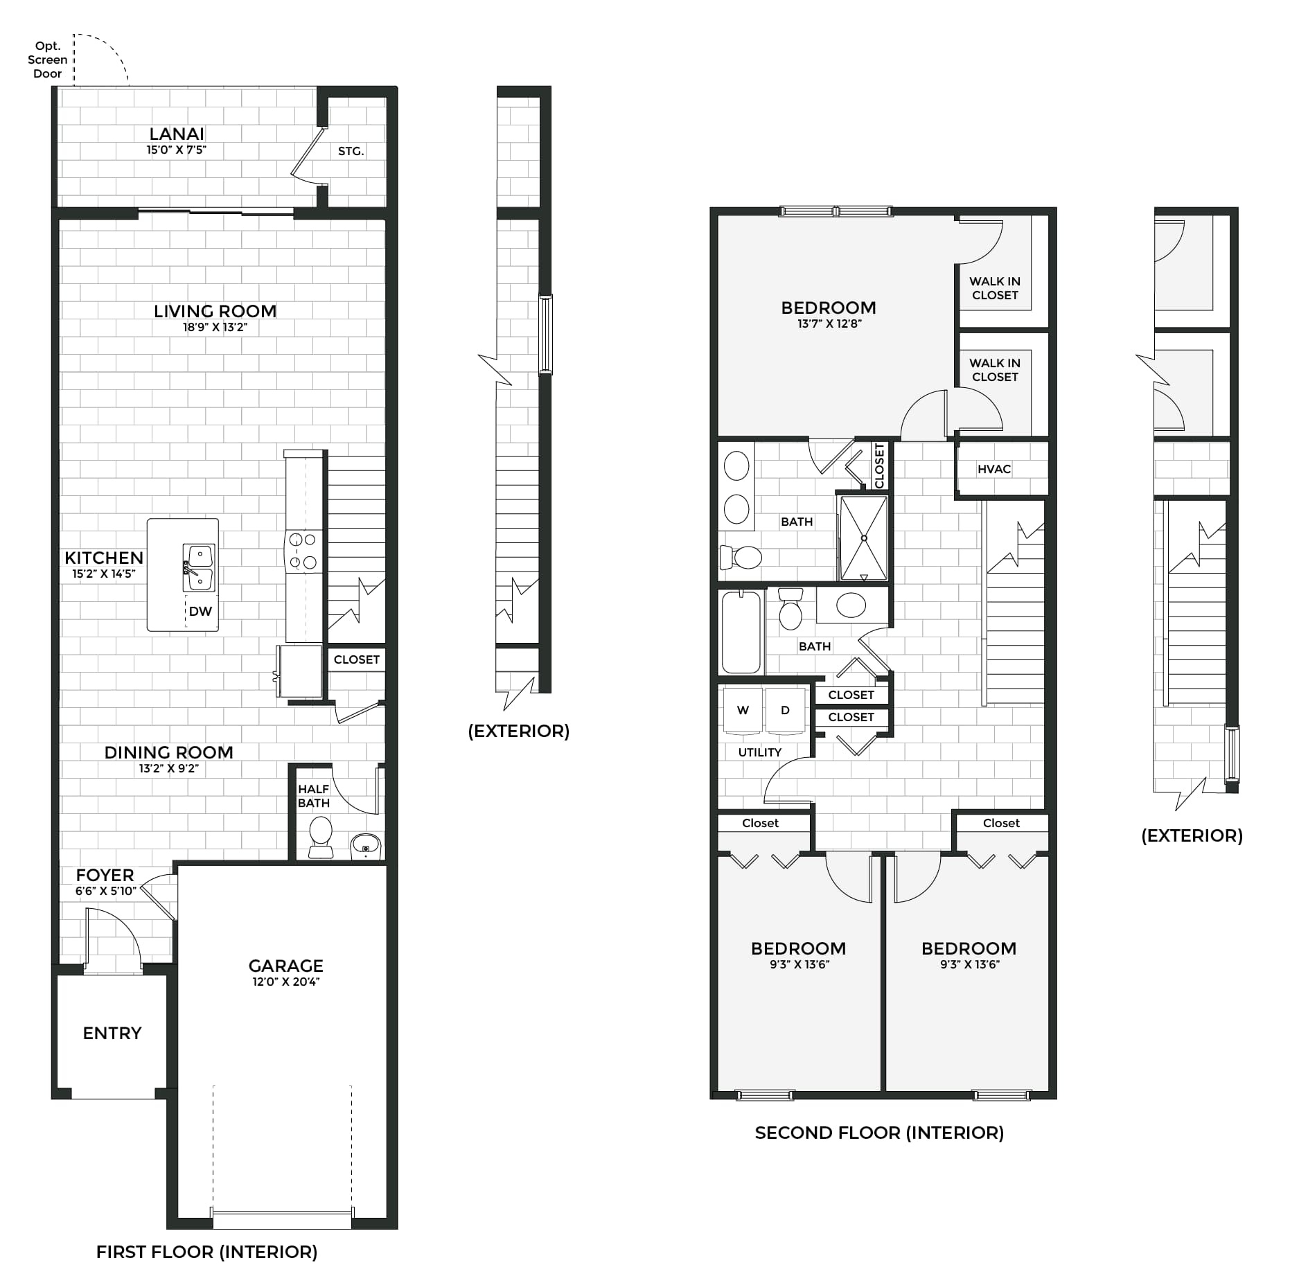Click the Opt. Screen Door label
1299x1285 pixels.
coord(47,60)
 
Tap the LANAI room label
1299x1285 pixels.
coord(177,134)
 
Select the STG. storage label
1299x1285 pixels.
coord(351,151)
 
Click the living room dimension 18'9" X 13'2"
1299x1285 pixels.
coord(215,327)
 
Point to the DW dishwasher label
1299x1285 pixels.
coord(200,611)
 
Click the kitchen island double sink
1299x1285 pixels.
coord(199,567)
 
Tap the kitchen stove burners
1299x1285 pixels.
coord(303,551)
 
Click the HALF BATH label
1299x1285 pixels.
coord(313,796)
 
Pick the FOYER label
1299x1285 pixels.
coord(105,875)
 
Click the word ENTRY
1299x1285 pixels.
coord(112,1033)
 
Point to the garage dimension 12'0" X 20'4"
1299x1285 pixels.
coord(285,982)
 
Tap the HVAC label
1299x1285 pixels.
coord(994,469)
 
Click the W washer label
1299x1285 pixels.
coord(743,710)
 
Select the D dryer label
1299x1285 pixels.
coord(785,710)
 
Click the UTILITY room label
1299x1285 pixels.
coord(760,752)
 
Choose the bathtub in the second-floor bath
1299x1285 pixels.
coord(741,632)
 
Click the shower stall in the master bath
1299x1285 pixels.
coord(863,538)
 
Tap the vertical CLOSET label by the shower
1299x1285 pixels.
coord(880,466)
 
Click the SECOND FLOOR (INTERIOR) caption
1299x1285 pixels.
coord(879,1133)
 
